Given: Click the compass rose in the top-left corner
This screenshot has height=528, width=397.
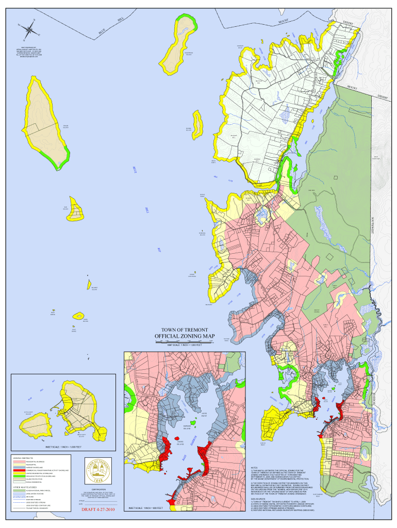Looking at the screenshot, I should [x=27, y=29].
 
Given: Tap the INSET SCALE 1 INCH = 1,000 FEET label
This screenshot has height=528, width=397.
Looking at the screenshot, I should [x=63, y=447].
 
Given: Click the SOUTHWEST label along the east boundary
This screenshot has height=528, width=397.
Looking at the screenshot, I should [x=371, y=224].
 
